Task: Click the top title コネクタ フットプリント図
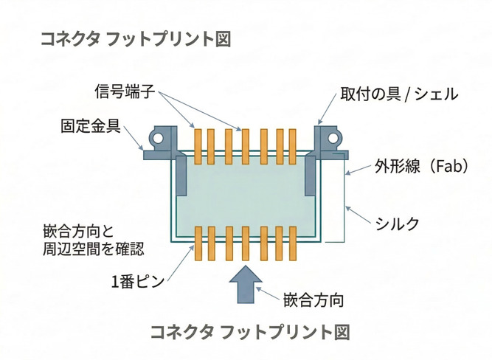coord(136,39)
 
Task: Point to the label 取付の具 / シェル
coord(398,94)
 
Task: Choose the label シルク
coord(397,223)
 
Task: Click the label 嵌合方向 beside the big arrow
coord(314,300)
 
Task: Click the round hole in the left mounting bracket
coord(157,138)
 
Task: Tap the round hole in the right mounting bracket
coord(333,138)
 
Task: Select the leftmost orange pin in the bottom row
coord(198,244)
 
